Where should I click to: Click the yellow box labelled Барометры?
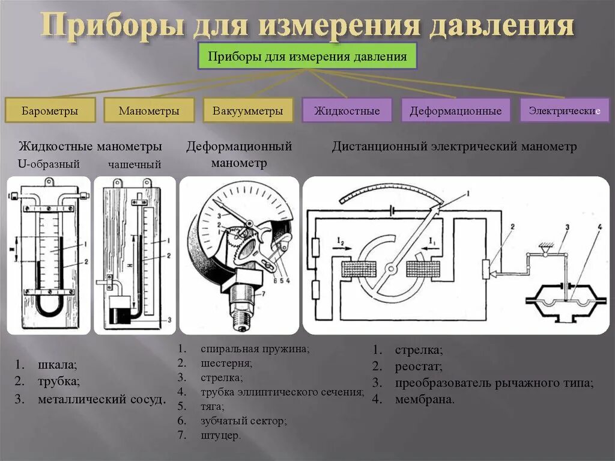pos(50,111)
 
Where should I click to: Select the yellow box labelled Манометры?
pos(149,111)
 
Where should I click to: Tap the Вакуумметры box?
pos(247,111)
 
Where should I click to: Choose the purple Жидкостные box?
pos(347,111)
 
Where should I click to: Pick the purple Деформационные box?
pos(455,111)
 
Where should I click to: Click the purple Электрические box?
pos(564,110)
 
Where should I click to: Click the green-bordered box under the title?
pos(307,56)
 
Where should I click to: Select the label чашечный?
pos(135,164)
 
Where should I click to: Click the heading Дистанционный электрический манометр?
pos(454,146)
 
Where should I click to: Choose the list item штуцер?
pos(221,435)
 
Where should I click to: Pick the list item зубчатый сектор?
pos(244,421)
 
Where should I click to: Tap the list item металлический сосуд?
pos(101,398)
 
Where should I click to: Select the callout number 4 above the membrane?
pos(598,227)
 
